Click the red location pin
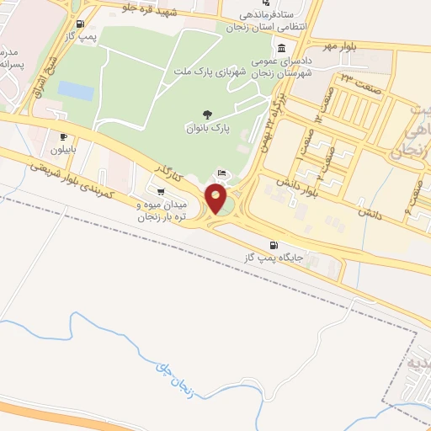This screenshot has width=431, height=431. tap(216, 200)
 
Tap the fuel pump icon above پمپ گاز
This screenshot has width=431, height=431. tap(79, 24)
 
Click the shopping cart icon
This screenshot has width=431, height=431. tap(161, 191)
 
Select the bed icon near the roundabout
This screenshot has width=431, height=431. tap(222, 173)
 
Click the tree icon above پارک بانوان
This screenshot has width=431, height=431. tap(206, 114)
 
